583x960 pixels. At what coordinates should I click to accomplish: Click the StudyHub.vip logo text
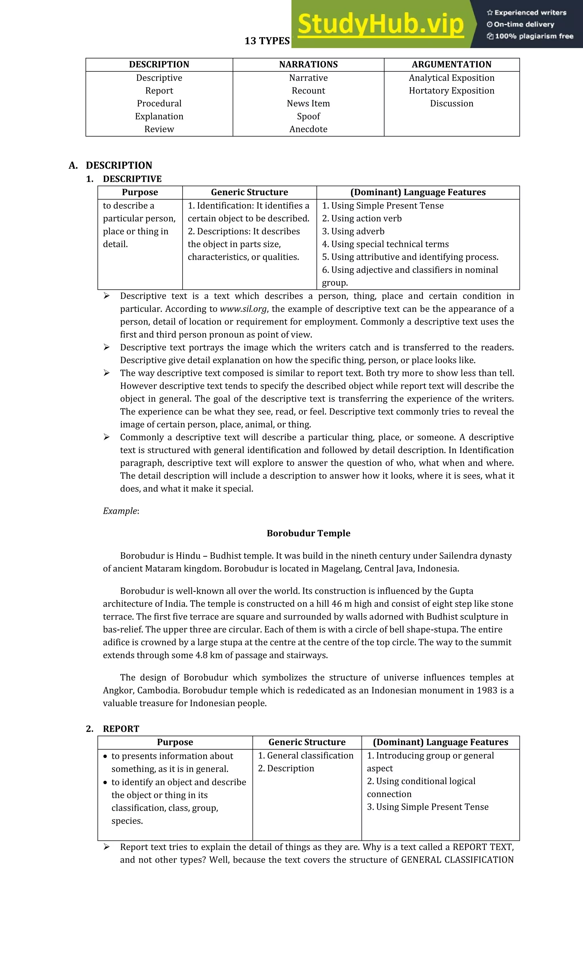point(381,24)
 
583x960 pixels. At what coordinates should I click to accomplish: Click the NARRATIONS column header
point(308,64)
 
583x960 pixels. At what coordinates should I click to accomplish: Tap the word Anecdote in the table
point(308,129)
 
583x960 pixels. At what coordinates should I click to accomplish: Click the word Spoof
point(308,116)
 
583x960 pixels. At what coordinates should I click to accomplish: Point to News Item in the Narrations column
point(308,103)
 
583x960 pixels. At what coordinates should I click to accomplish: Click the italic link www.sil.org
point(243,309)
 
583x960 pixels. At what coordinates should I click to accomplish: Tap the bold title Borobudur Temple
point(308,533)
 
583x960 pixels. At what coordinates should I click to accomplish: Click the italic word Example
point(120,511)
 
